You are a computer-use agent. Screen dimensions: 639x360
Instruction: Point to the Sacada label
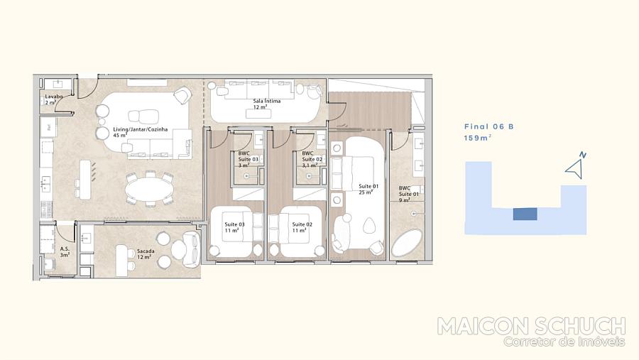click(x=146, y=254)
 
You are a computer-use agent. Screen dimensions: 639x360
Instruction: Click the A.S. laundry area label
click(x=65, y=251)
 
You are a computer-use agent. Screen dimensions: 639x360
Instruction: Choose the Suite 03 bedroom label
click(x=234, y=227)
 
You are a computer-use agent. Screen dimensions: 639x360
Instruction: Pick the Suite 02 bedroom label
click(x=302, y=227)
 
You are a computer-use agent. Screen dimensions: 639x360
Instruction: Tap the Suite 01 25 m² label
click(x=368, y=189)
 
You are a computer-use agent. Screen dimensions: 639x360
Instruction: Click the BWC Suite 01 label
click(x=408, y=194)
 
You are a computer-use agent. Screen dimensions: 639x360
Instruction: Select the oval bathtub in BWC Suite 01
click(x=407, y=242)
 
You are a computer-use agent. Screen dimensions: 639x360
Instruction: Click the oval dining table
click(x=148, y=190)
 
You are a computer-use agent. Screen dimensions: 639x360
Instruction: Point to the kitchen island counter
click(x=84, y=180)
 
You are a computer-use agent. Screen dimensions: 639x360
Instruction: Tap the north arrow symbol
click(x=575, y=166)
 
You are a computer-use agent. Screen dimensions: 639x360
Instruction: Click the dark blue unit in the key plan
click(x=525, y=214)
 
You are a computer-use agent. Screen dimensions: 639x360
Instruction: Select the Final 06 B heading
click(x=489, y=127)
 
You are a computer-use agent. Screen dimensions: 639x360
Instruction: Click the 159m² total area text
click(x=477, y=138)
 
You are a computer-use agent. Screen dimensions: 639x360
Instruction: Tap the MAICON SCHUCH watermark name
click(x=531, y=326)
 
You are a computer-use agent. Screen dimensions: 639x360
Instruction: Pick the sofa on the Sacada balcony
click(x=191, y=249)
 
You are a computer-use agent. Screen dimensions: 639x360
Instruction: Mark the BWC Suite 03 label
click(x=248, y=160)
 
